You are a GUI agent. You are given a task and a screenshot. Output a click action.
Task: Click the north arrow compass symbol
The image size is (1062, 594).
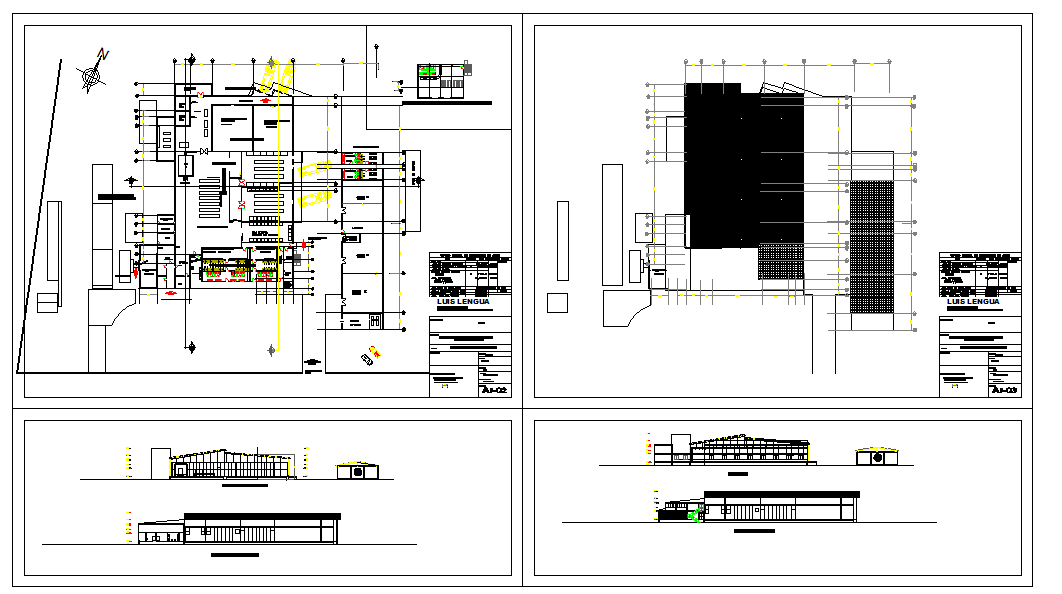pos(92,74)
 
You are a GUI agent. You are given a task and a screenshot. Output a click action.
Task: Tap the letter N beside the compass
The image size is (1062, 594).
pos(103,54)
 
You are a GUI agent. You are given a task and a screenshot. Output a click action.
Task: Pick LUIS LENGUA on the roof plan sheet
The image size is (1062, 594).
pos(973,301)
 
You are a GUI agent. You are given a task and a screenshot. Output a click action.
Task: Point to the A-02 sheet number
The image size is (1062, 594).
pos(495,390)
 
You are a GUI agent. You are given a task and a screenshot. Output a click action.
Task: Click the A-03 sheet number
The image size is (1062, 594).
pos(1005,390)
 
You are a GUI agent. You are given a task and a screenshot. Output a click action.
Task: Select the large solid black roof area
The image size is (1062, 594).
pos(744,165)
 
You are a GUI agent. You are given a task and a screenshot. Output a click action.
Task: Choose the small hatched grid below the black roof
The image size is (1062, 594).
pos(781,262)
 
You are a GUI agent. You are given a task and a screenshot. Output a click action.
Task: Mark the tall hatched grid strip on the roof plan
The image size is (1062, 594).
pos(871,247)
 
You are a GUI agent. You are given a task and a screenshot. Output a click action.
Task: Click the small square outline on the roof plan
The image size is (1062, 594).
pos(557,303)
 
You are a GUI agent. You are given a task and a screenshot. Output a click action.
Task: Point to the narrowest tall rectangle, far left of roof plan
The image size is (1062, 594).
pos(563,241)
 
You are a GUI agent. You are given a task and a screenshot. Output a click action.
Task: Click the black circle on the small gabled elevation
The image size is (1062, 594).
pos(878,458)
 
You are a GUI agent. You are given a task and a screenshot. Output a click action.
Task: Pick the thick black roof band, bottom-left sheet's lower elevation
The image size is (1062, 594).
pos(262,515)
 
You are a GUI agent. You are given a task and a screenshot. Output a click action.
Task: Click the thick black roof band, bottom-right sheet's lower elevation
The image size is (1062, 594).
pos(782,493)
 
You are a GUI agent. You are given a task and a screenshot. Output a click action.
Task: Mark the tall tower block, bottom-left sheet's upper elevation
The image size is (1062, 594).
pos(159,463)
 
